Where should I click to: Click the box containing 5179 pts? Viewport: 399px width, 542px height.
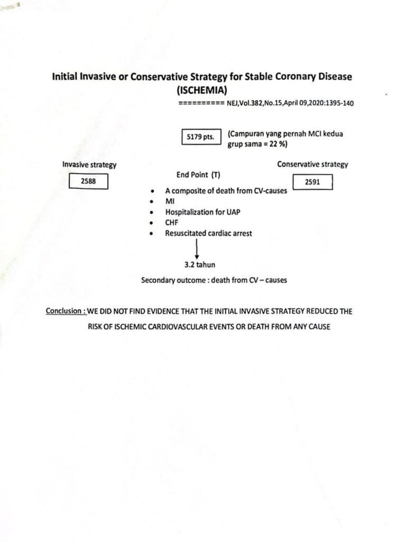200,137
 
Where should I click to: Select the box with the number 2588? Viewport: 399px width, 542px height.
89,182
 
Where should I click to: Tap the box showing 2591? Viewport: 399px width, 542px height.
312,182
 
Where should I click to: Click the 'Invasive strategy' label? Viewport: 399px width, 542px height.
89,165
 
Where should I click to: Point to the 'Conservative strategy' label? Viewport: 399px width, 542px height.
312,164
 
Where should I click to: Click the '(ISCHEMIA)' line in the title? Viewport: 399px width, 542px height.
202,90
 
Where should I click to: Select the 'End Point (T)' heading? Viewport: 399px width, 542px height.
198,175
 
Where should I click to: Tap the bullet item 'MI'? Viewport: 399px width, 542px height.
170,202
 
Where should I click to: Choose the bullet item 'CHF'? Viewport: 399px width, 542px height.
172,222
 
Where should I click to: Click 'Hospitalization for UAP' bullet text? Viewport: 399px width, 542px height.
198,212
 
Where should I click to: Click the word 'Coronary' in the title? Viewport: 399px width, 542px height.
282,77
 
